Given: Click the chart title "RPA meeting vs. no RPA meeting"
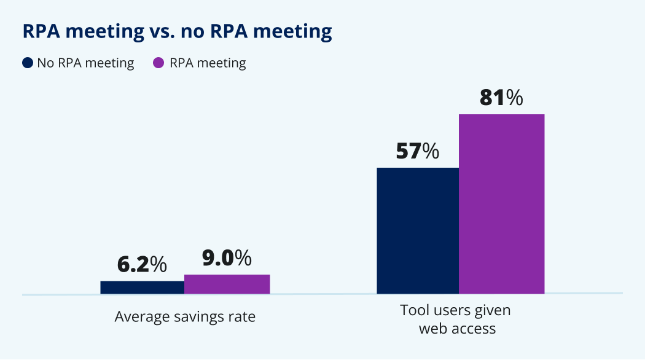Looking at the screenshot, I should [x=177, y=31].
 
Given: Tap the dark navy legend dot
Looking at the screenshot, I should [x=28, y=63].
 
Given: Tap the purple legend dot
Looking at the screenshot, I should [x=158, y=63].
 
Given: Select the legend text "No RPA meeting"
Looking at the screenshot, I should [x=85, y=63].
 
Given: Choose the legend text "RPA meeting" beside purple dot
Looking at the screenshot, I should [x=208, y=63].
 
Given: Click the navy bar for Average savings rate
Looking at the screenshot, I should [x=142, y=288].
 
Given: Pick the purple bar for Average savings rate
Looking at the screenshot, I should [x=227, y=284].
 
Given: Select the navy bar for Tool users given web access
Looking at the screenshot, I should [x=418, y=230].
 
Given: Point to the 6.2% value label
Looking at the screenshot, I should [x=142, y=264].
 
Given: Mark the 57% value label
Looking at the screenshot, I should [x=418, y=151].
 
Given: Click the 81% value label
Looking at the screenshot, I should [x=501, y=98].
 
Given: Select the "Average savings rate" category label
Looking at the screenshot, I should [x=185, y=317].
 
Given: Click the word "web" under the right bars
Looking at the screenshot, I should [x=432, y=329].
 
